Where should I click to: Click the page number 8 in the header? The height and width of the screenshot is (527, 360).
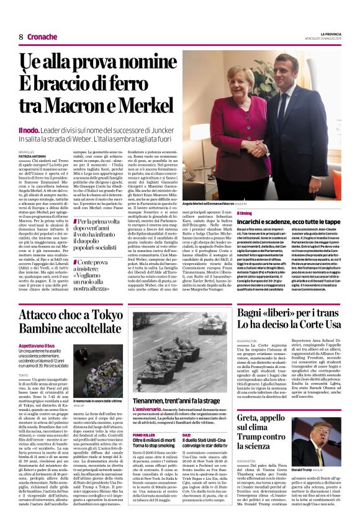[20, 37]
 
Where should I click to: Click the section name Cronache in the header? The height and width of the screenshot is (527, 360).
[42, 37]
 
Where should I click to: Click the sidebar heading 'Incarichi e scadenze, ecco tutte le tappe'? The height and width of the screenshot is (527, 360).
[289, 222]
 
